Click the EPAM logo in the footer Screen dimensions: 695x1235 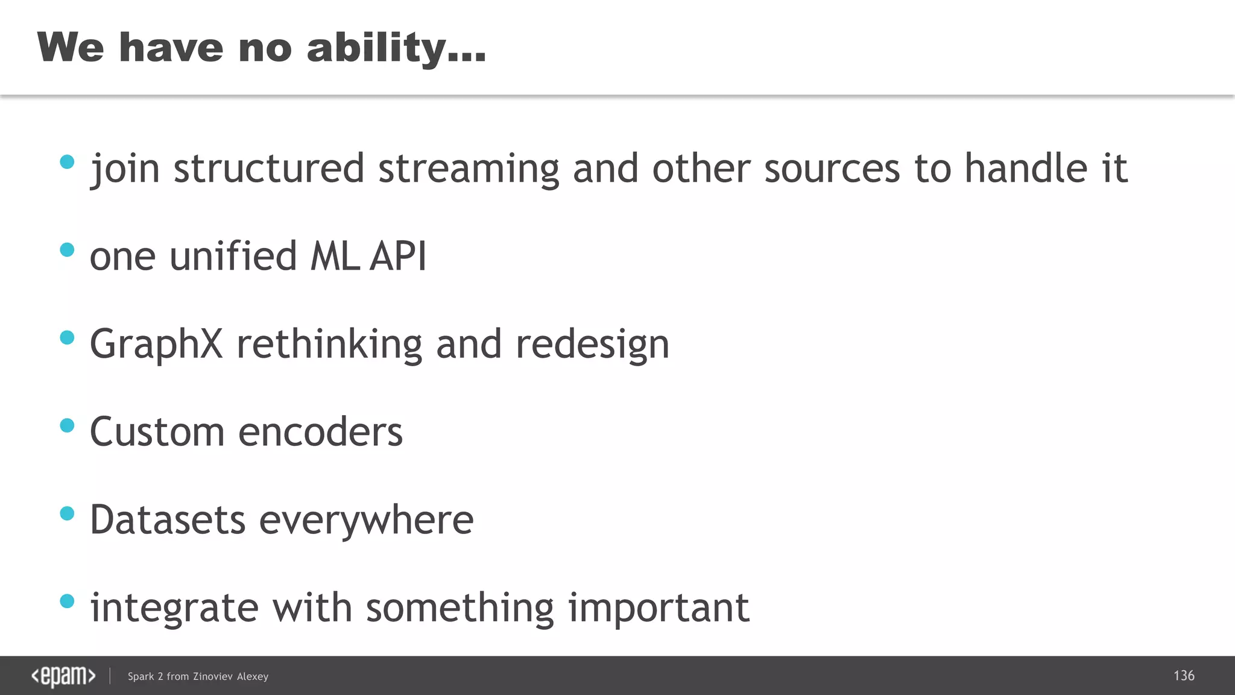[63, 676]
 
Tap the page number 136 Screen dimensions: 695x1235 [1184, 676]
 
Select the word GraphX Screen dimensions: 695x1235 [156, 344]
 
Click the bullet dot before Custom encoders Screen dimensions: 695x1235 [68, 426]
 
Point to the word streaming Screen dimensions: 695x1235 [469, 169]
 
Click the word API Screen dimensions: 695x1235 [398, 256]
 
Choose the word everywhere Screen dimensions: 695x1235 [366, 520]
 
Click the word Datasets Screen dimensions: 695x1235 [168, 520]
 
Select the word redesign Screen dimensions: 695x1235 [592, 344]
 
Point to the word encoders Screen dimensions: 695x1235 [320, 433]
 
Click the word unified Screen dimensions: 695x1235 [233, 256]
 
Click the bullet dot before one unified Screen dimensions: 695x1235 [68, 250]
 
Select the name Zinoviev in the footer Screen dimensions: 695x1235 [212, 676]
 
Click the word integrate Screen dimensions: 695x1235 [174, 608]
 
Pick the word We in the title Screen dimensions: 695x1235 [70, 48]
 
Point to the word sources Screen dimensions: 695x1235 [832, 169]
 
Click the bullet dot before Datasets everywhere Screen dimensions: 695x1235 [68, 513]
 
